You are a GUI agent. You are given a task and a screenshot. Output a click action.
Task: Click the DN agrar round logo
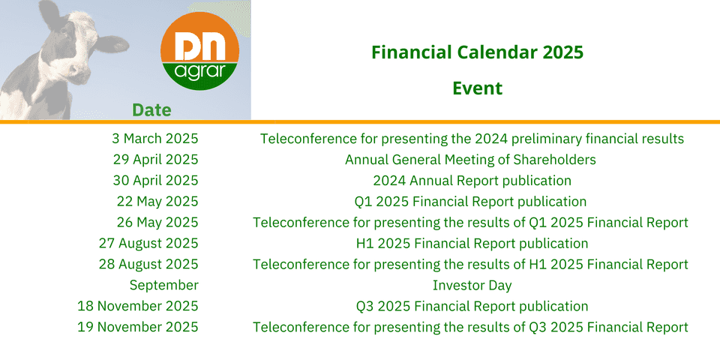click(x=199, y=51)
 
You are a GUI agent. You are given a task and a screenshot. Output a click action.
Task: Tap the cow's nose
click(x=78, y=73)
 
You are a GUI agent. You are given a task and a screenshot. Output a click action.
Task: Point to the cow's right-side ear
click(x=112, y=44)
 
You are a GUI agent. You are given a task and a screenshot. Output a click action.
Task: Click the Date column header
click(x=151, y=110)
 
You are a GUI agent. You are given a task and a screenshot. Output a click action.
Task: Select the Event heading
click(x=478, y=88)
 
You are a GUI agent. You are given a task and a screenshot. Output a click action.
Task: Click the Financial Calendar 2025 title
click(x=477, y=52)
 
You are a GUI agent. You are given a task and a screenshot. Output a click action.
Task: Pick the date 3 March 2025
click(x=155, y=138)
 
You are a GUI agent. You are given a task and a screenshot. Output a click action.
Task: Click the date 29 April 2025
click(x=156, y=159)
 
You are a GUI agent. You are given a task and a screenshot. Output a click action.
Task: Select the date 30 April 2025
click(x=156, y=181)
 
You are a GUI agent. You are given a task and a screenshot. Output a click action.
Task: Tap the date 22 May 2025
click(x=157, y=201)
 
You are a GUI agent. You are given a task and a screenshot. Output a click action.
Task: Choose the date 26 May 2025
click(x=157, y=222)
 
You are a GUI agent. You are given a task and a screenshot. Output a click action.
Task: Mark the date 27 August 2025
click(x=148, y=243)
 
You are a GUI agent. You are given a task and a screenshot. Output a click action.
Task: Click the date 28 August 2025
click(x=148, y=264)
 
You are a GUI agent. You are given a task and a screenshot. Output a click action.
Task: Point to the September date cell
click(x=164, y=285)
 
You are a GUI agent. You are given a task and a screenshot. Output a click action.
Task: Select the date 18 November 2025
click(x=138, y=306)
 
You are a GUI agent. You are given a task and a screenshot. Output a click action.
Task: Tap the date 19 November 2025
click(x=138, y=327)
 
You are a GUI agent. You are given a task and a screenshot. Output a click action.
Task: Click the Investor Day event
click(x=472, y=285)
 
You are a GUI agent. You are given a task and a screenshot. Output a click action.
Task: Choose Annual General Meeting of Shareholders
click(x=471, y=159)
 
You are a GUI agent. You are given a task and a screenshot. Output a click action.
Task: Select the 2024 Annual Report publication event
click(x=472, y=181)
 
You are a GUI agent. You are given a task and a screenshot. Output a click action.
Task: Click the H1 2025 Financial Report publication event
click(x=472, y=243)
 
